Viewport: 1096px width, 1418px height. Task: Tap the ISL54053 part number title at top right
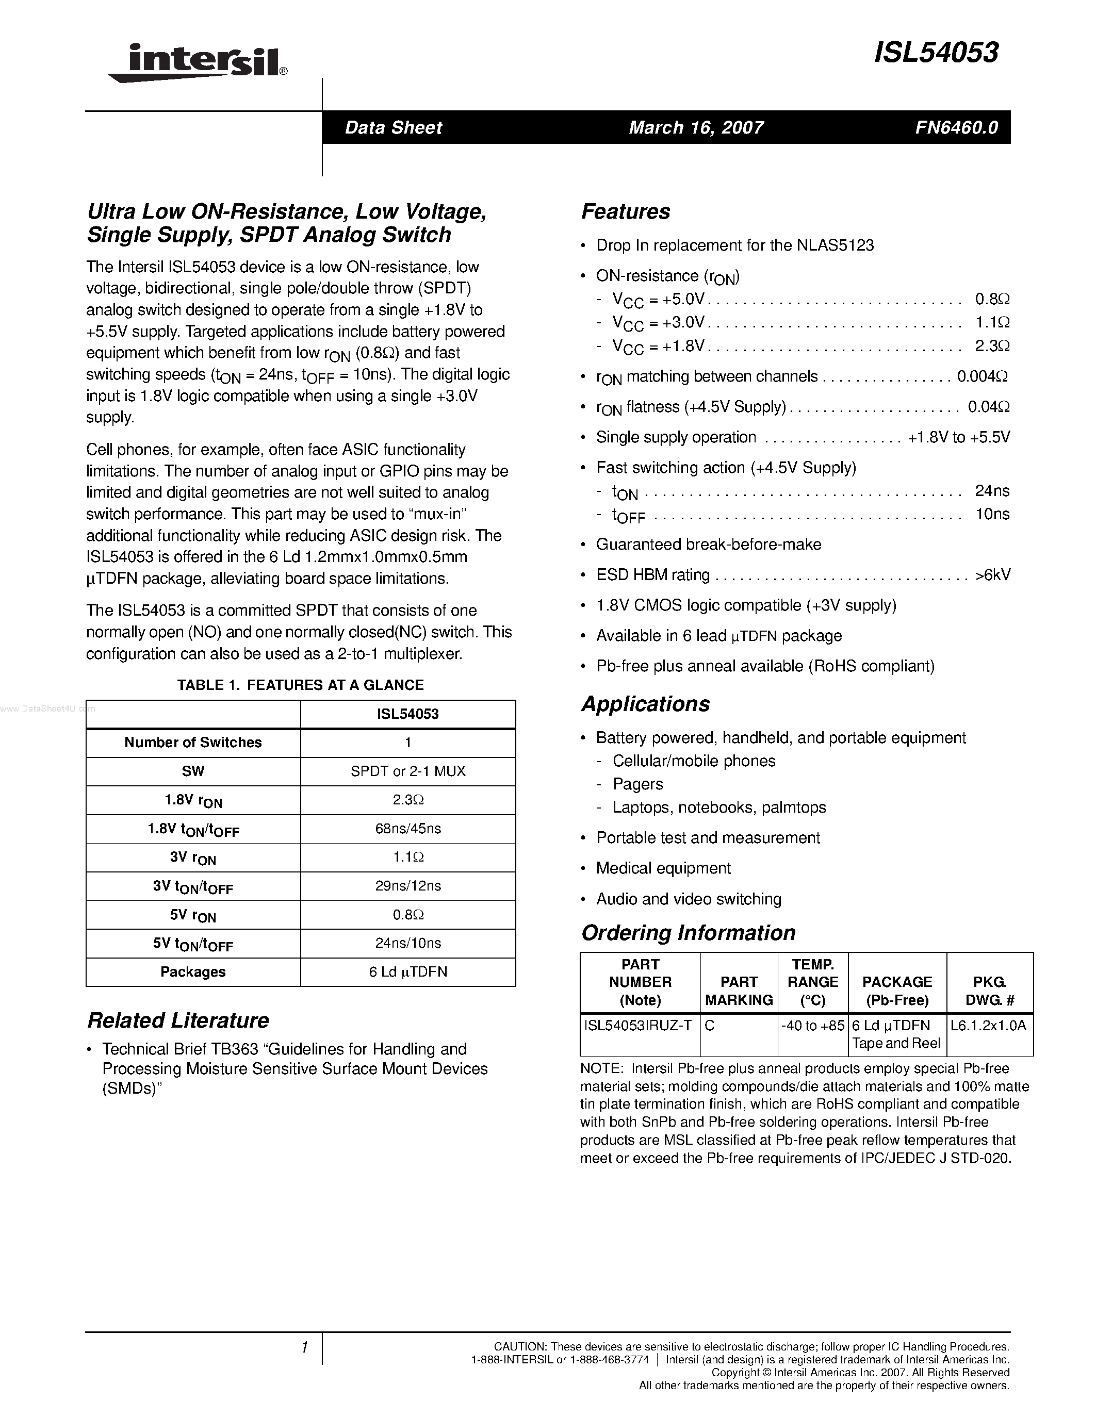(936, 53)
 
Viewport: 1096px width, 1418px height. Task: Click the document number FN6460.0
(956, 127)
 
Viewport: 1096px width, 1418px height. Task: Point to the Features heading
(625, 211)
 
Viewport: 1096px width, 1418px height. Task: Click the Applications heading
(645, 704)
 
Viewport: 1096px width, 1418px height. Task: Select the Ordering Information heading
(688, 933)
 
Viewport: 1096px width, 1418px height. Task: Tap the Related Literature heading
(178, 1020)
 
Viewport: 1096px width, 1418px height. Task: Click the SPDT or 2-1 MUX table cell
(408, 771)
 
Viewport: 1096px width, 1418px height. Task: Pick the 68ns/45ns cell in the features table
(408, 829)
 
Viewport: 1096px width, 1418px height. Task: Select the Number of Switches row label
(193, 743)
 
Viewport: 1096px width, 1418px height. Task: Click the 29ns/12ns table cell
(408, 885)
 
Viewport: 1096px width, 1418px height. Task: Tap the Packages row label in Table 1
(193, 972)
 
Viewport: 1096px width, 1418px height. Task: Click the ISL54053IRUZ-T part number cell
(637, 1026)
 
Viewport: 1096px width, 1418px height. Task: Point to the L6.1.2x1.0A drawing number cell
(988, 1026)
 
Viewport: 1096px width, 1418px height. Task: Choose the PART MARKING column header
(739, 991)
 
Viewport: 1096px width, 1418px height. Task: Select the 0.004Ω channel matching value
(983, 376)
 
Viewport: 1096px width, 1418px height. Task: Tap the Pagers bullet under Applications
(637, 784)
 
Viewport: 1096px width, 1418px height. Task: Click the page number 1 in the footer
(304, 1348)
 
